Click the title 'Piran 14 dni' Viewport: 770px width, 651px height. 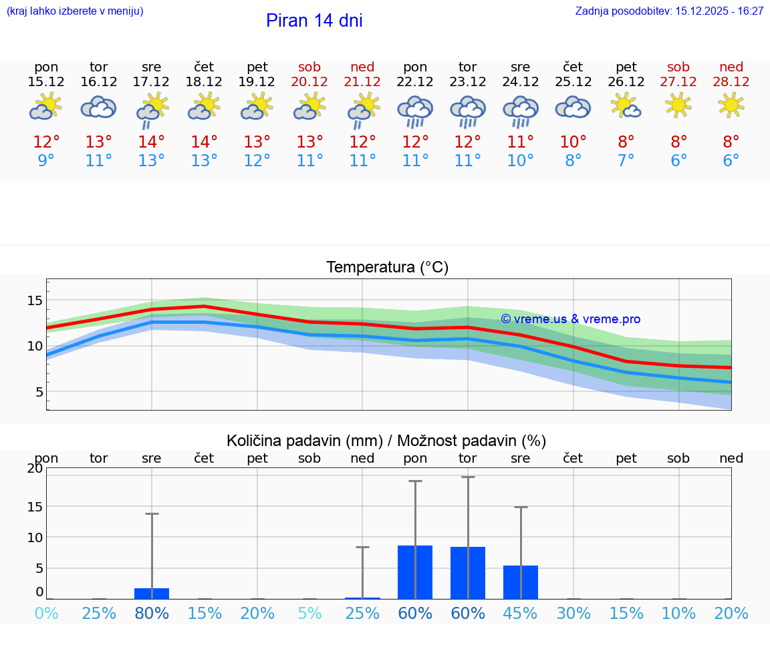pyautogui.click(x=314, y=21)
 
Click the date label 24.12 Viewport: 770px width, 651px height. pyautogui.click(x=520, y=82)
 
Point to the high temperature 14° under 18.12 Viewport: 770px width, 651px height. pyautogui.click(x=205, y=142)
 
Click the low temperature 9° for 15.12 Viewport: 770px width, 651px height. pyautogui.click(x=46, y=161)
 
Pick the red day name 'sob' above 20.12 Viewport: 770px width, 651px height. pyautogui.click(x=309, y=67)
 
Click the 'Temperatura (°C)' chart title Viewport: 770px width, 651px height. pyautogui.click(x=387, y=268)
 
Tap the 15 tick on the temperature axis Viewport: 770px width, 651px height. pyautogui.click(x=35, y=300)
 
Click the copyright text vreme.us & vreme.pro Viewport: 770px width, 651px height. pyautogui.click(x=570, y=319)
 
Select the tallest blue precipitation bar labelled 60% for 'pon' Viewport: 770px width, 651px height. pyautogui.click(x=415, y=572)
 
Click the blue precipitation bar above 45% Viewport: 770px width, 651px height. pyautogui.click(x=521, y=582)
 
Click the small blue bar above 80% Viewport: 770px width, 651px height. pyautogui.click(x=152, y=594)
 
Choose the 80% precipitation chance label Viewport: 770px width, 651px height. pyautogui.click(x=152, y=614)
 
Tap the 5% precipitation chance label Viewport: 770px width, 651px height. pyautogui.click(x=309, y=614)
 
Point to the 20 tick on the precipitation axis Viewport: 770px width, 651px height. pyautogui.click(x=35, y=468)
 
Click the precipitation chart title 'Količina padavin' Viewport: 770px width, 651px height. pyautogui.click(x=386, y=441)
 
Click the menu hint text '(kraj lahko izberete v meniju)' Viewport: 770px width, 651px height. pyautogui.click(x=75, y=11)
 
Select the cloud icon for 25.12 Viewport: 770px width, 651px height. pyautogui.click(x=573, y=107)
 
